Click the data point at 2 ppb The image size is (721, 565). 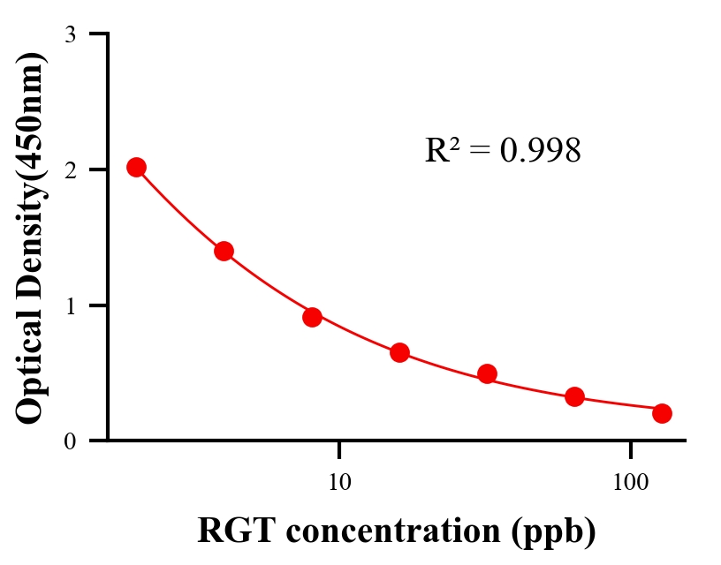[136, 167]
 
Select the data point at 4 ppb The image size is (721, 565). [224, 251]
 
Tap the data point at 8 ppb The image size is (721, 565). [312, 316]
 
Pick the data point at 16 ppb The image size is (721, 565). [399, 352]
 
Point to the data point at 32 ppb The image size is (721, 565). [487, 373]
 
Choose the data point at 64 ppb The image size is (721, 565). [574, 396]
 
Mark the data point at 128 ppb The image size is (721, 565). [662, 413]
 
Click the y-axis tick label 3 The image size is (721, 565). [71, 34]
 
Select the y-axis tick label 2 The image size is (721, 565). [71, 169]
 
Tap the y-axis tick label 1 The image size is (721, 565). [71, 305]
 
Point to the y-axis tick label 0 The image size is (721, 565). [71, 441]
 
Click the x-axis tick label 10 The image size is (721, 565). [339, 483]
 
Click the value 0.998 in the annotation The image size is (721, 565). [541, 151]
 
